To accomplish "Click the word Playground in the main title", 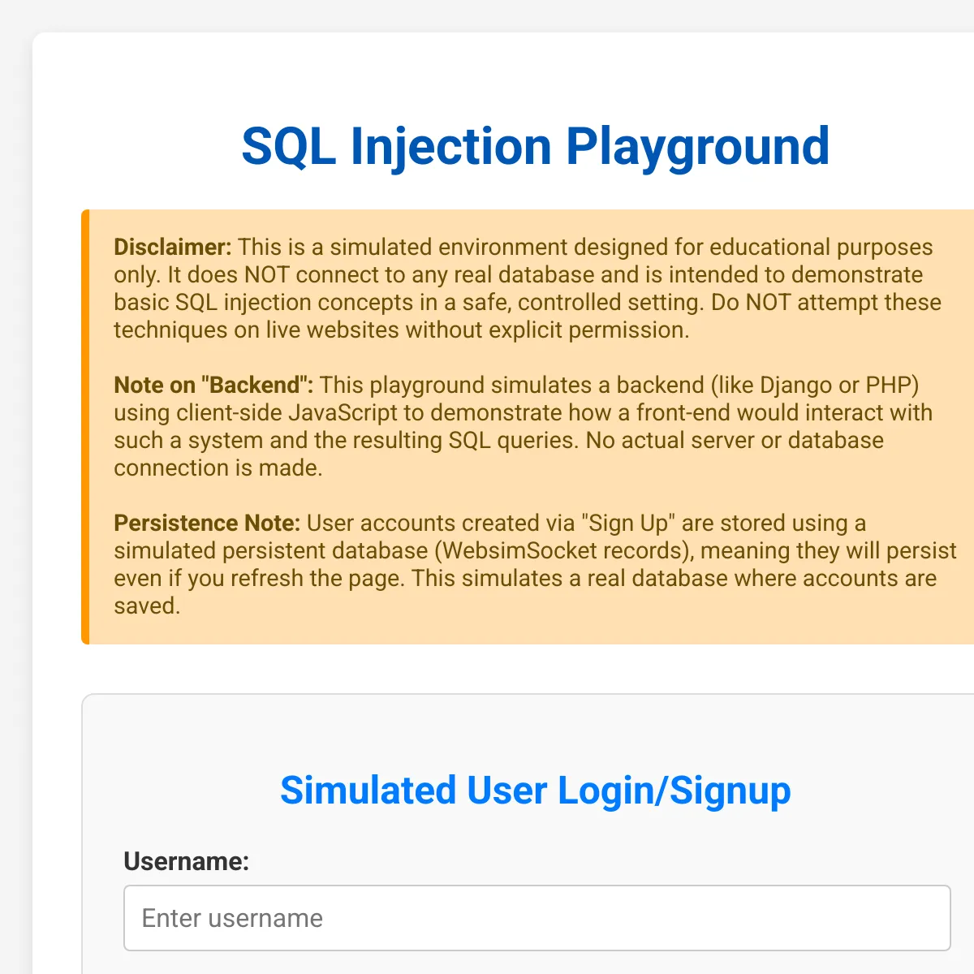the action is [x=697, y=148].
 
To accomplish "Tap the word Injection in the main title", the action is [x=450, y=148].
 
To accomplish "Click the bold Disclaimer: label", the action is [x=172, y=248].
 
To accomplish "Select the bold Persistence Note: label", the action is [x=207, y=524].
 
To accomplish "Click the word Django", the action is [x=795, y=386].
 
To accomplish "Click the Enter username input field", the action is [x=537, y=918].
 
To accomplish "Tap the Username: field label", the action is [x=187, y=861].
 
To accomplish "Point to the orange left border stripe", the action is [x=85, y=427].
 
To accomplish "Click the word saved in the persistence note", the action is [x=147, y=606].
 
